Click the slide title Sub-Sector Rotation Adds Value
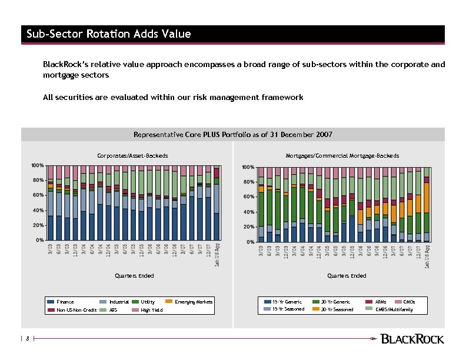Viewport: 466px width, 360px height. (x=109, y=34)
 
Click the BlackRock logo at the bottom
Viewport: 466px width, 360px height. (x=412, y=338)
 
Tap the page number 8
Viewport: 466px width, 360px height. (x=27, y=338)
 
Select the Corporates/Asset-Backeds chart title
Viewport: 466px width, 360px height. (x=132, y=156)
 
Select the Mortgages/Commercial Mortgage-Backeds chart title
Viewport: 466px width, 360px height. (x=342, y=156)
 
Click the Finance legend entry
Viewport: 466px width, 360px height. (x=65, y=302)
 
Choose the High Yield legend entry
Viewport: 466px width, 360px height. (x=152, y=310)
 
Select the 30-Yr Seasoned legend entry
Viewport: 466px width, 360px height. (x=337, y=309)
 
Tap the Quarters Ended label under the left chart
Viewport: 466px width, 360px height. (x=135, y=276)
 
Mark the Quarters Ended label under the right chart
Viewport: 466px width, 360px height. (x=347, y=276)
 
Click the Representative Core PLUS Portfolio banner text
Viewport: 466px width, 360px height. (x=233, y=135)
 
